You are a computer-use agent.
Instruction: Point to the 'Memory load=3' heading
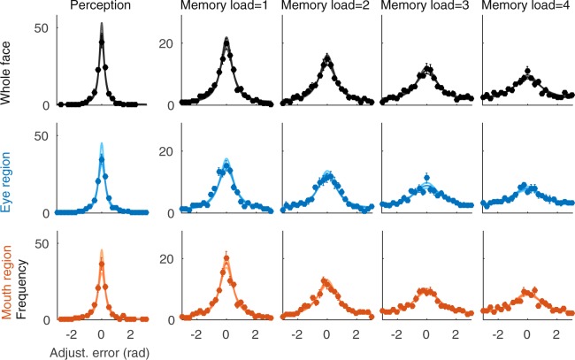pyautogui.click(x=426, y=8)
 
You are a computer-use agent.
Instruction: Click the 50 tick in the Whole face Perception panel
pyautogui.click(x=40, y=27)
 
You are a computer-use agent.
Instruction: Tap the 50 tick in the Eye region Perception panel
pyautogui.click(x=40, y=136)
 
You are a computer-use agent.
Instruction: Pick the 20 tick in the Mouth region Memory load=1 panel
pyautogui.click(x=165, y=259)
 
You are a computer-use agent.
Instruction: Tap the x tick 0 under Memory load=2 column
pyautogui.click(x=326, y=335)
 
